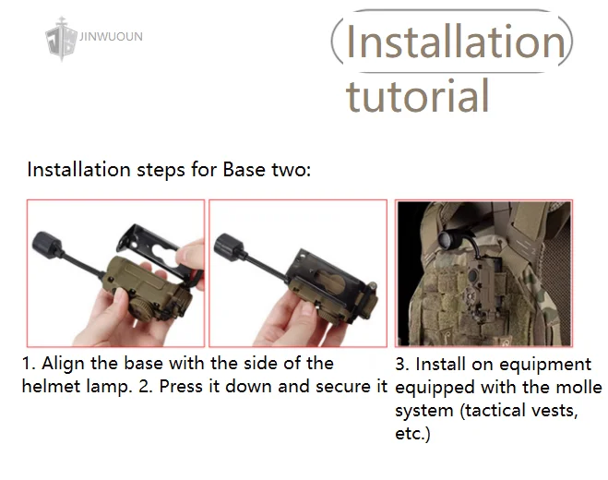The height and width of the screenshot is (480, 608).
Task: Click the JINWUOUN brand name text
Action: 111,37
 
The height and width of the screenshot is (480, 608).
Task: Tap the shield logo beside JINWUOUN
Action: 61,39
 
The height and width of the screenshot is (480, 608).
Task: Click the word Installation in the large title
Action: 456,42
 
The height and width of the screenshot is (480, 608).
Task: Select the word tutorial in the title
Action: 417,95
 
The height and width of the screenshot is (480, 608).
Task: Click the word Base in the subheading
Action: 244,170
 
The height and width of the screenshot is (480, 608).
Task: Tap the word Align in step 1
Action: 64,364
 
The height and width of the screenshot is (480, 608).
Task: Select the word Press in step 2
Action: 181,387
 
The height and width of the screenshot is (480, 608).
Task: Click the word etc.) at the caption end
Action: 412,434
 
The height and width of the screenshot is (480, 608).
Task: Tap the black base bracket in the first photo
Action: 160,248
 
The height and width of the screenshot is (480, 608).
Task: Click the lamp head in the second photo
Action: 229,244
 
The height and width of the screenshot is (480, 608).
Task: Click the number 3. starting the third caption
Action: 403,365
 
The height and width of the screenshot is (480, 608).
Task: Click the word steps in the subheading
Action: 161,171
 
